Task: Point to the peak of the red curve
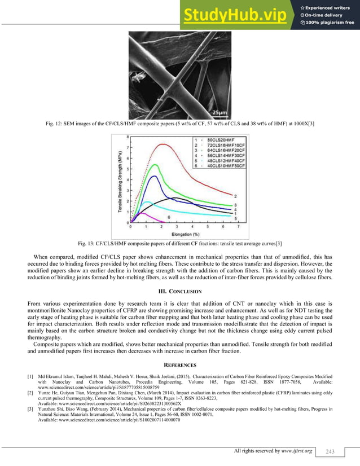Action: [x=164, y=144]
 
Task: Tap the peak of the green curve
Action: [x=154, y=165]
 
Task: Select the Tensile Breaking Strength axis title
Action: [x=120, y=181]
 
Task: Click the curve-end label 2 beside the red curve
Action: [x=235, y=196]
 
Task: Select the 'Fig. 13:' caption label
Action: [x=87, y=243]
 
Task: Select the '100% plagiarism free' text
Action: [x=331, y=23]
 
